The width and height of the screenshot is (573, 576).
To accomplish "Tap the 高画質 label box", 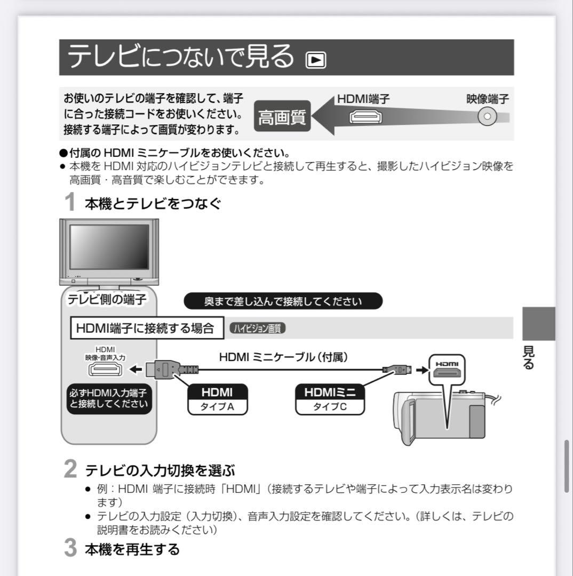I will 282,117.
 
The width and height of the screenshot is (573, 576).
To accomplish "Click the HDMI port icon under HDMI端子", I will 365,117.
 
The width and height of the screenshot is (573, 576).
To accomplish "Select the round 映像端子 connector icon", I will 487,117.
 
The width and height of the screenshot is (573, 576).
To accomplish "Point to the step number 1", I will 70,203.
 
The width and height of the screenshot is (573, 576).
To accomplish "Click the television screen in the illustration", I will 109,246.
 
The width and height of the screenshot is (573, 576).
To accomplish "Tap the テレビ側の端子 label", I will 107,300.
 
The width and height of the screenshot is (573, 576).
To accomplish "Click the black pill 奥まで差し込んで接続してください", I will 283,301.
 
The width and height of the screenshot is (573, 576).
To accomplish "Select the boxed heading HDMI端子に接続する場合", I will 146,328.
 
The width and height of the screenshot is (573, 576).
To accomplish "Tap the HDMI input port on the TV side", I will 105,369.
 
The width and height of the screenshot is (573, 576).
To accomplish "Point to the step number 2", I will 70,470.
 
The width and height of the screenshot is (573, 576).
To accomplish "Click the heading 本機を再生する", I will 132,549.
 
